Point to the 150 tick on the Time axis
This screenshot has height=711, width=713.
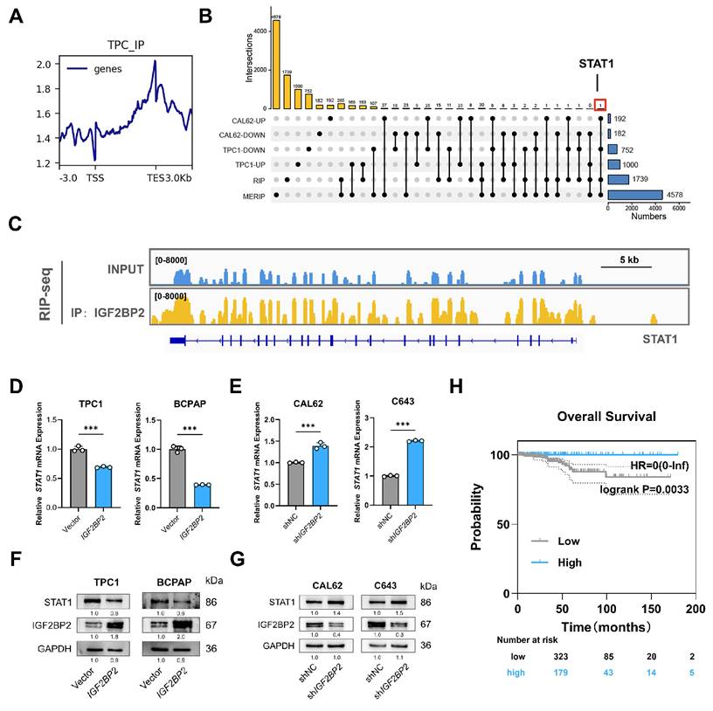tap(651, 608)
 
